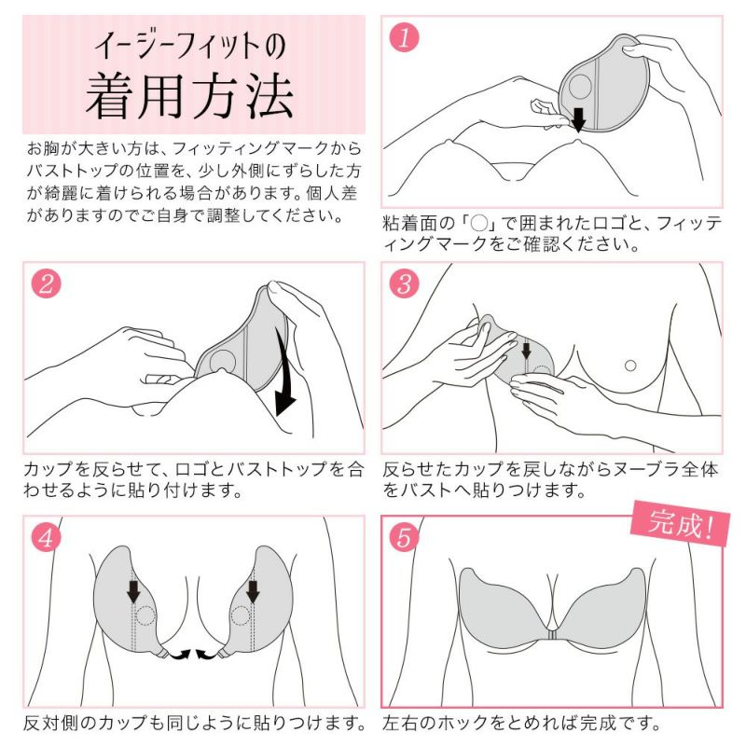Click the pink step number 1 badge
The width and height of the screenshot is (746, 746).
405,36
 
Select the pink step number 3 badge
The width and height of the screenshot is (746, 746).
405,283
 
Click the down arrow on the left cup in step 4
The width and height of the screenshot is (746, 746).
133,590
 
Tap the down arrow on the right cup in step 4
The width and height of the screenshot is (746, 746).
253,590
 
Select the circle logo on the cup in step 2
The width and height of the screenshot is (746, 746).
223,363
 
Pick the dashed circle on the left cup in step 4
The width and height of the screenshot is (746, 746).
145,616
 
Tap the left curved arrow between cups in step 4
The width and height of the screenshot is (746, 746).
179,655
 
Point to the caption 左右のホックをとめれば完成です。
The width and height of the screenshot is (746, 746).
522,723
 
